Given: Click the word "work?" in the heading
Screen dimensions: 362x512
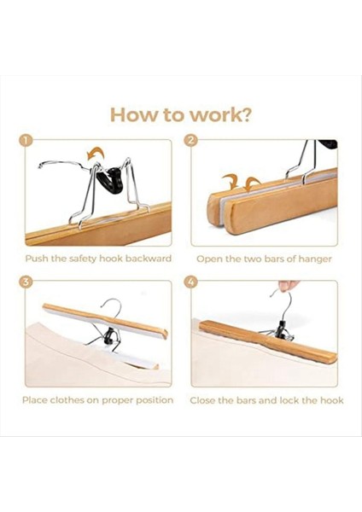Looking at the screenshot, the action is [221, 114].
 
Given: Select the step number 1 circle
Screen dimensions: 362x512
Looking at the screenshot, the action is [26, 141].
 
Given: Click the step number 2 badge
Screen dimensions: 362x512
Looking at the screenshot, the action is [191, 141].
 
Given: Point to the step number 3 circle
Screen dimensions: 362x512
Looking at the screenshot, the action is [26, 282].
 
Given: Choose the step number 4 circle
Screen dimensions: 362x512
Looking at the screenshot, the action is [191, 282].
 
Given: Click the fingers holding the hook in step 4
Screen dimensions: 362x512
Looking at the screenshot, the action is [289, 285].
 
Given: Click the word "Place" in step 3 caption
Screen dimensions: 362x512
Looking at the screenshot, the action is [35, 400].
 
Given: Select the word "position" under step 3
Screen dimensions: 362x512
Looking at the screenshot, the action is [155, 400].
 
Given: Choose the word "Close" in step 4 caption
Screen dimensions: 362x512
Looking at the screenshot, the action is [202, 400].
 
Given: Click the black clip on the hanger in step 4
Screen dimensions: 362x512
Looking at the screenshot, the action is [281, 329].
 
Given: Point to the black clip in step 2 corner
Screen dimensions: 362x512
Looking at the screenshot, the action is [329, 144].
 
